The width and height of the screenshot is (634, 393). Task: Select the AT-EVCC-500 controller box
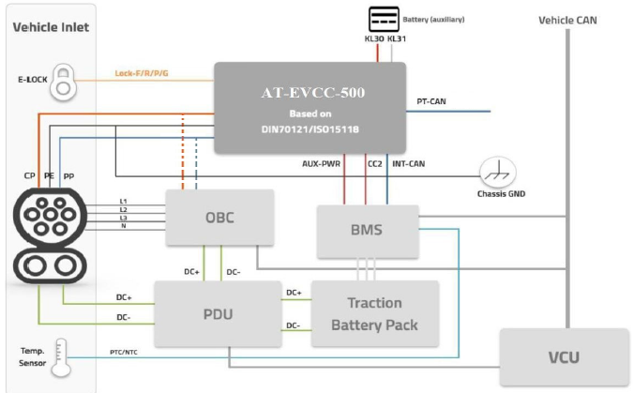(x=309, y=108)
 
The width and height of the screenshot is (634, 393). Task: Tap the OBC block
(x=219, y=218)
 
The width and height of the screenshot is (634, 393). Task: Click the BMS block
(x=367, y=231)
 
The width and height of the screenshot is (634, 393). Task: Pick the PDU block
(x=219, y=311)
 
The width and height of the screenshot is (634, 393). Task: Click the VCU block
(x=564, y=357)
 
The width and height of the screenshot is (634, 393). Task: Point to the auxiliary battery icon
(x=383, y=19)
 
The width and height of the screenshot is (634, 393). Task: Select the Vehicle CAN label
(x=567, y=20)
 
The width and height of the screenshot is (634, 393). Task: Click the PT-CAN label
(x=432, y=101)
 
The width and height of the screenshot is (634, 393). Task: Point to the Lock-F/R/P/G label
(x=141, y=72)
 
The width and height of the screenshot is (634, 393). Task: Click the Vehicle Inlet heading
(x=51, y=27)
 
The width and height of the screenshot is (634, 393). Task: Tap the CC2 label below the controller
(x=374, y=163)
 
